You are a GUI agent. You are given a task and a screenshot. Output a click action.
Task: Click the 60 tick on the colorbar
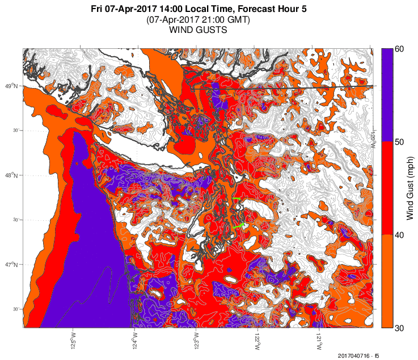(x=399, y=49)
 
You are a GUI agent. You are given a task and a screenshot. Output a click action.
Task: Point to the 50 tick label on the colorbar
(x=399, y=142)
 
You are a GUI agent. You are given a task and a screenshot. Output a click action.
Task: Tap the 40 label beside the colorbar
(x=399, y=235)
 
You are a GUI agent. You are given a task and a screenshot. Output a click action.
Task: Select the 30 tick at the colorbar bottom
(x=399, y=328)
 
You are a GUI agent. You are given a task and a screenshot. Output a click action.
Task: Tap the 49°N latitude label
(x=11, y=86)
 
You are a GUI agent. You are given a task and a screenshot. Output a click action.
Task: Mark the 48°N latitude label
(x=11, y=175)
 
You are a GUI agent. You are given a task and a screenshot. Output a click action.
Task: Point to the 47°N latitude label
(x=11, y=265)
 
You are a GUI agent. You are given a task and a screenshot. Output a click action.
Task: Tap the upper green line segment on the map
(x=237, y=199)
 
